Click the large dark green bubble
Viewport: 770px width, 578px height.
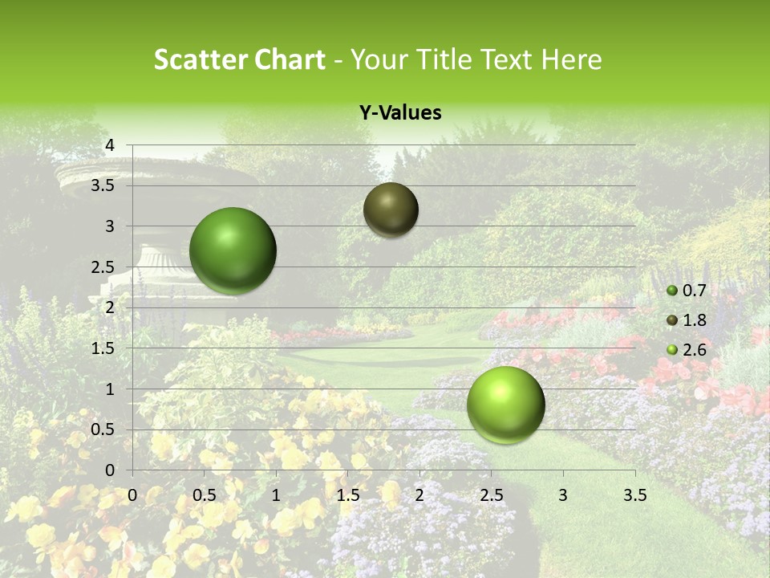(x=233, y=250)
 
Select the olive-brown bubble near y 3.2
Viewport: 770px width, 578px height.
(x=391, y=210)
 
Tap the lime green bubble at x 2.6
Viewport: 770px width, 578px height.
(x=505, y=405)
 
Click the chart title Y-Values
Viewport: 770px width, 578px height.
(x=399, y=113)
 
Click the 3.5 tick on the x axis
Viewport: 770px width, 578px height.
(x=634, y=495)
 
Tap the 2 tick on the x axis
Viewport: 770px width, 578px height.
(x=419, y=495)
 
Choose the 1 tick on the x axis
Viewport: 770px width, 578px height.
(x=276, y=495)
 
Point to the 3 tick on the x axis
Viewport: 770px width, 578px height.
(x=563, y=495)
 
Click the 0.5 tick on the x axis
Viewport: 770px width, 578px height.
(x=205, y=495)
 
